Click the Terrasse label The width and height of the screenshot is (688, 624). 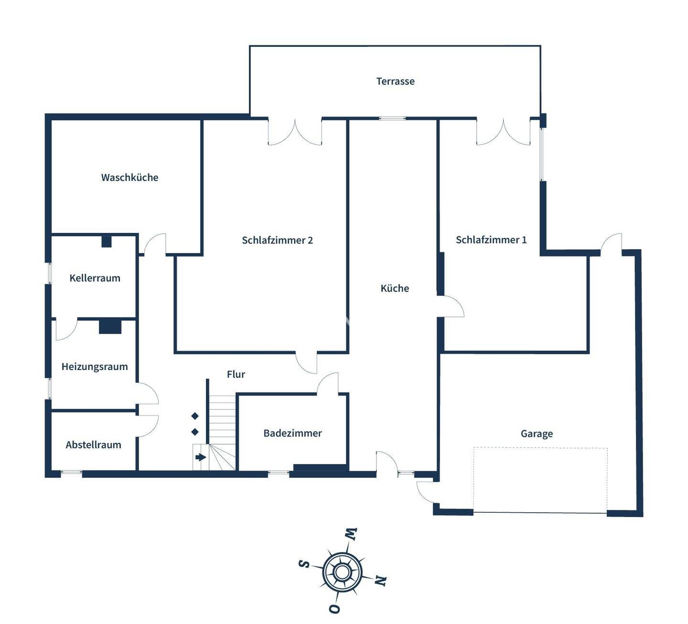click(x=395, y=81)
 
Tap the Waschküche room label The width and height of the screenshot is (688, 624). click(x=129, y=178)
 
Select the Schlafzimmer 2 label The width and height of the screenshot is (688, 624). click(x=277, y=240)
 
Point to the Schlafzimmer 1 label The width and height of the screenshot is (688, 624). click(x=491, y=240)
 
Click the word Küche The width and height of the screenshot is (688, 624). click(x=395, y=288)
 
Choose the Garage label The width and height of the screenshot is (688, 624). click(x=537, y=434)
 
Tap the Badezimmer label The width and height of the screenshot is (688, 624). click(x=292, y=434)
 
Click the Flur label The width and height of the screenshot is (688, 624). click(x=236, y=375)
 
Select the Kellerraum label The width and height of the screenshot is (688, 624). click(x=95, y=278)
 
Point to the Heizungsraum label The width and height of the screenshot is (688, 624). click(x=95, y=367)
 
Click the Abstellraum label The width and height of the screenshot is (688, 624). click(x=93, y=445)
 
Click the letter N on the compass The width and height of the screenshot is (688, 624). click(x=380, y=581)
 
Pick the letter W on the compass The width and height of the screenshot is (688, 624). click(x=351, y=534)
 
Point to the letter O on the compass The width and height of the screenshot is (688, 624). click(x=334, y=609)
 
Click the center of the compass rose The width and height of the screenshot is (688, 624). click(x=342, y=571)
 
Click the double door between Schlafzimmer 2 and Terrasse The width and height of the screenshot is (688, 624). click(x=295, y=132)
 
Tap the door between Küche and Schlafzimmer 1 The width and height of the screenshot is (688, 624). click(x=451, y=306)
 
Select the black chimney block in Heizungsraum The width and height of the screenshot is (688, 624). click(x=110, y=327)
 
